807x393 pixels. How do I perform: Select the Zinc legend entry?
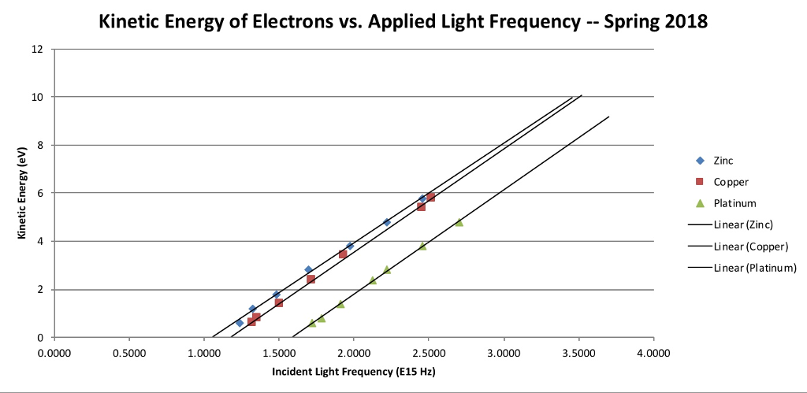pos(723,160)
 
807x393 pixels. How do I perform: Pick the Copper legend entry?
pos(730,182)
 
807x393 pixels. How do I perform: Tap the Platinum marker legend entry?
pos(734,203)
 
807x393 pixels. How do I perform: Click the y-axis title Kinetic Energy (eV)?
pos(24,194)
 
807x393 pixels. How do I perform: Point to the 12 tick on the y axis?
pos(38,49)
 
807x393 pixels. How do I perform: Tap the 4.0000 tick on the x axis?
pos(653,352)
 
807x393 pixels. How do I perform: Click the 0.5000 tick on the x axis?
pos(128,352)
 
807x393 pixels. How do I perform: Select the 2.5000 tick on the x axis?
pos(428,352)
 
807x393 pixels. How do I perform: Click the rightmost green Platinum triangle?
pos(459,222)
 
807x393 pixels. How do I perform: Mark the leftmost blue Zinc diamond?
pos(240,323)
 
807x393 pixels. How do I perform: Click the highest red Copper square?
pos(430,197)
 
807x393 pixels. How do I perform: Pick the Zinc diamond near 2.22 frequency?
pos(387,222)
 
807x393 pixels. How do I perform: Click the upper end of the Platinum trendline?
pos(608,117)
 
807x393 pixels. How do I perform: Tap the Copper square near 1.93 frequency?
pos(343,254)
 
